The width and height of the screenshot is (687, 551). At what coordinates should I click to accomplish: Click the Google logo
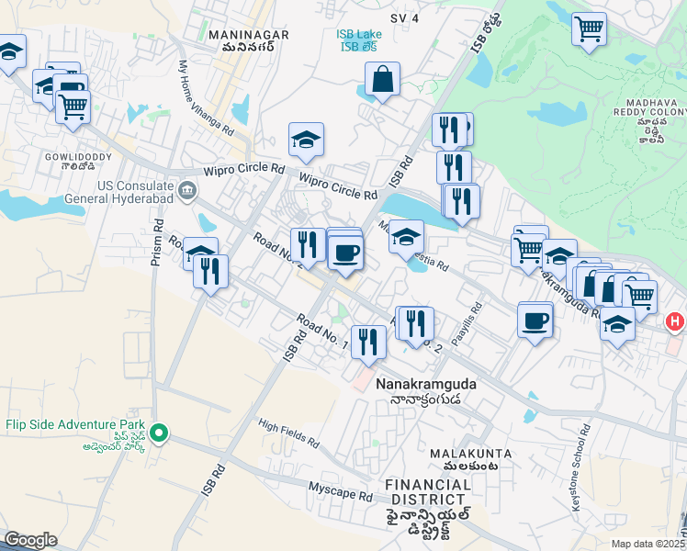click(30, 540)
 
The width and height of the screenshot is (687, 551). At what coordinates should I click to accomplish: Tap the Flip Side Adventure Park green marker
click(159, 432)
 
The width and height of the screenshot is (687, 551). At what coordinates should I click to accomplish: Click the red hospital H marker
click(675, 322)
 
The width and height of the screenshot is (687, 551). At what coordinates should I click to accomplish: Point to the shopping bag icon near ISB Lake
click(382, 81)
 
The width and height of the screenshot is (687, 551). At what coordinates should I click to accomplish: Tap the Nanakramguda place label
click(426, 385)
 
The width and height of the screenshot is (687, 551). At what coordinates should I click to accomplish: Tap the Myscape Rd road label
click(340, 494)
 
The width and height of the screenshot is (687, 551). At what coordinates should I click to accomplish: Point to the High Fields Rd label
click(288, 433)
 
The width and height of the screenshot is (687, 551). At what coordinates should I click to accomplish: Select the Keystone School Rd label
click(586, 449)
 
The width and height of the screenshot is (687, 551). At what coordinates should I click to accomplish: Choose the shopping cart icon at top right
click(589, 28)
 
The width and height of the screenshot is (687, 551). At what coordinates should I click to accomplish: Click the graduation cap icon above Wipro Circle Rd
click(306, 141)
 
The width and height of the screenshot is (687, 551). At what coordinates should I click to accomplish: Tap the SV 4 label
click(404, 17)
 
